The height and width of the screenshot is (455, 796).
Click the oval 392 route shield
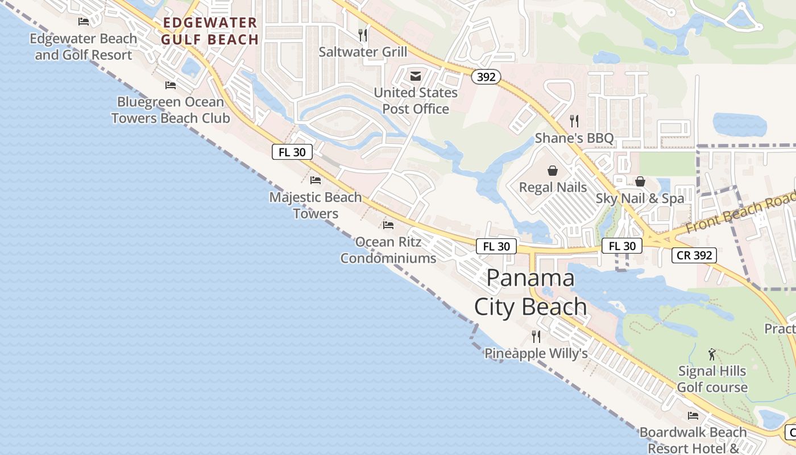pos(486,77)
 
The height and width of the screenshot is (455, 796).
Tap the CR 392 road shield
pos(694,255)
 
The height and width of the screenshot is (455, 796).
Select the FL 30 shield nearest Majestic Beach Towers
pos(292,152)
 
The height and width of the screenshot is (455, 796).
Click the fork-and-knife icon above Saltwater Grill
pos(363,35)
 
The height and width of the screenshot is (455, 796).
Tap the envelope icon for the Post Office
pos(416,76)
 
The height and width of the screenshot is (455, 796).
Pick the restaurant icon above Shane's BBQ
pos(574,121)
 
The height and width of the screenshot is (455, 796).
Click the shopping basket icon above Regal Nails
pos(553,171)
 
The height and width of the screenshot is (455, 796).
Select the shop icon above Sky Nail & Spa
pos(640,181)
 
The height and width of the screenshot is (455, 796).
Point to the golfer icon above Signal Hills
pos(712,354)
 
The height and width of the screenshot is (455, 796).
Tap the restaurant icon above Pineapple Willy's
pos(536,337)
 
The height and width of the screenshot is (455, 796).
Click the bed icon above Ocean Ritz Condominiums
pos(388,225)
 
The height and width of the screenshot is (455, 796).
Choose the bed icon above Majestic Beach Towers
pos(316,180)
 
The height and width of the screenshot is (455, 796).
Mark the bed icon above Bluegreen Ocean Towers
pos(171,85)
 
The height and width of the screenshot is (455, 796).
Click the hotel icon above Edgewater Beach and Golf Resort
pos(84,22)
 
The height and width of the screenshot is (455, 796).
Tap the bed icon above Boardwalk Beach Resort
pos(693,416)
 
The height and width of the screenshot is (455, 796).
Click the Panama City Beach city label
pos(530,292)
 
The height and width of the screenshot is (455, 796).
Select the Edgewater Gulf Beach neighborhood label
pos(210,31)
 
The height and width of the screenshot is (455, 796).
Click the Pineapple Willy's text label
pos(536,354)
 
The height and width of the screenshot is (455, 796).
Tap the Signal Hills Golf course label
pos(712,379)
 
